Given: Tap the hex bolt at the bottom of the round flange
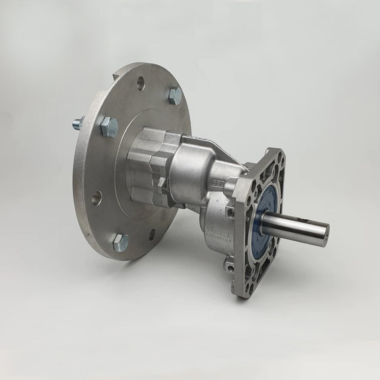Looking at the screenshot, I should pyautogui.click(x=121, y=242).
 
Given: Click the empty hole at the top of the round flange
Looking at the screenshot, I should pyautogui.click(x=141, y=83).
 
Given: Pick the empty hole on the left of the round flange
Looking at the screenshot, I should pyautogui.click(x=96, y=197).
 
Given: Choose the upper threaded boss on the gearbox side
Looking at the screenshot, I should pyautogui.click(x=230, y=213).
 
